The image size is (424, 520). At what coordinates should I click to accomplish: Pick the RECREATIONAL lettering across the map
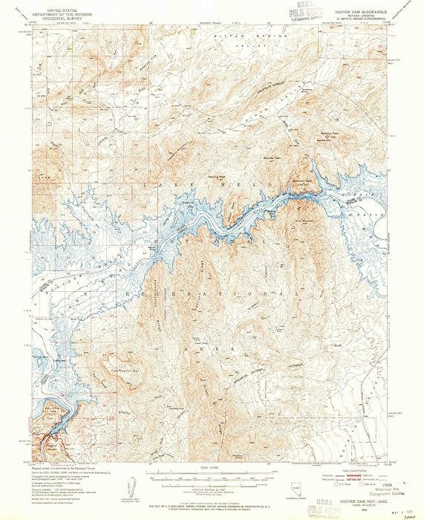click(208, 293)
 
